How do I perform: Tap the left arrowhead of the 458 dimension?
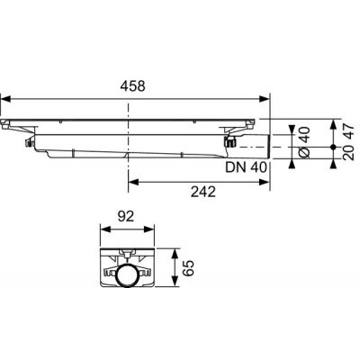click(4, 99)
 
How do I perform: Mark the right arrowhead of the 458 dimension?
click(265, 99)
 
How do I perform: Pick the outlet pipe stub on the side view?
click(252, 143)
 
